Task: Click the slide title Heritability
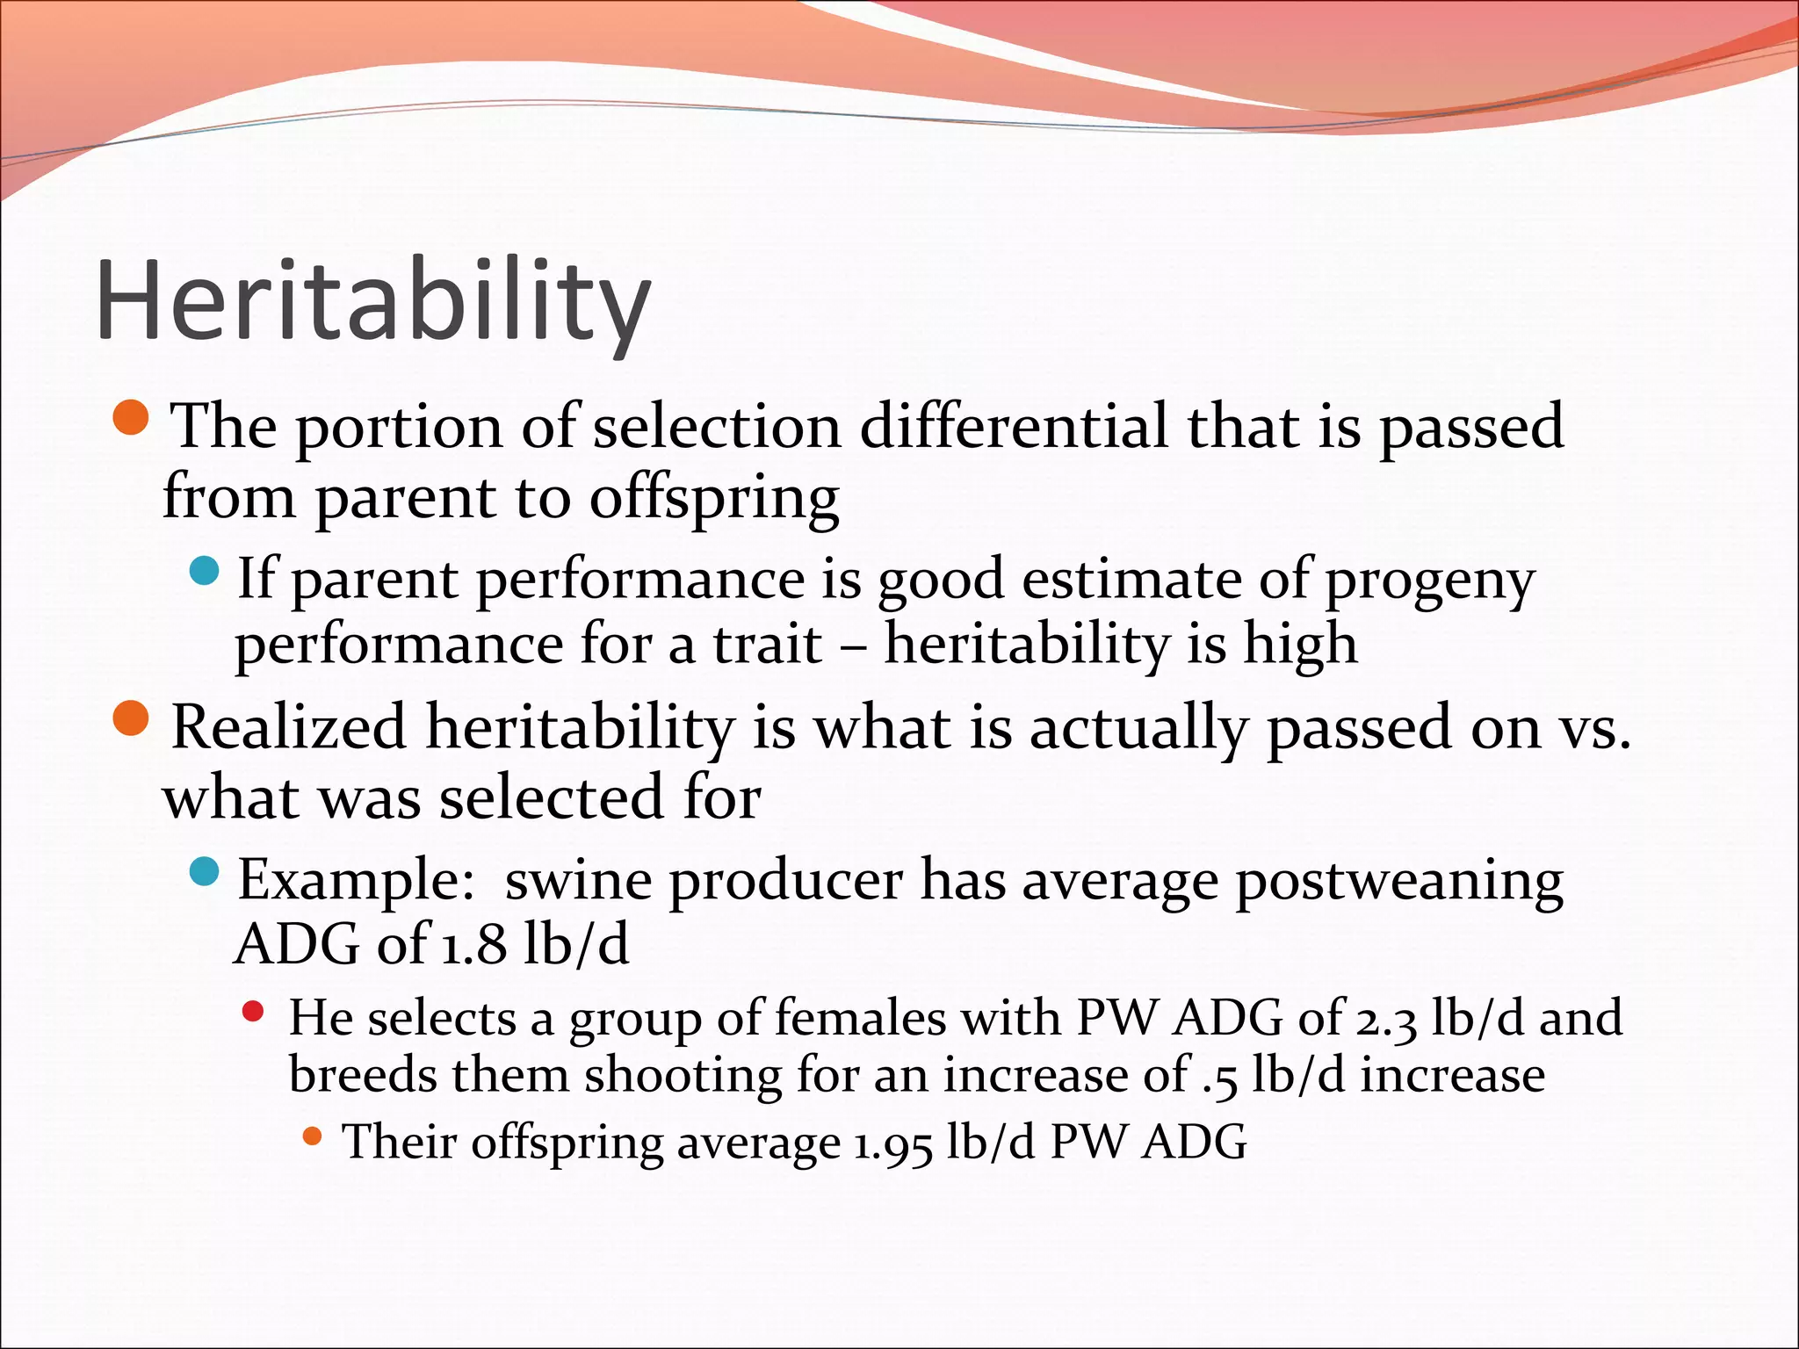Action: click(373, 301)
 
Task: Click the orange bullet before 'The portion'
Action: click(133, 418)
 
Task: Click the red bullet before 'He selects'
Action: click(253, 1012)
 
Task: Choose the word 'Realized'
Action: click(289, 728)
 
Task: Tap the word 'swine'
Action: click(579, 881)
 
